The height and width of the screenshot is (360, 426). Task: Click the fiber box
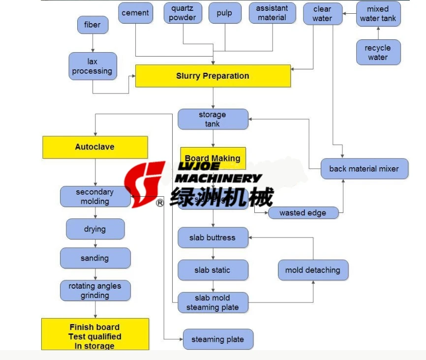click(92, 25)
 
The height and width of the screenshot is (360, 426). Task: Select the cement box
click(135, 13)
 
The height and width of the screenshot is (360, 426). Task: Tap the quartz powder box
click(183, 13)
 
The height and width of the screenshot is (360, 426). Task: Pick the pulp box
click(225, 13)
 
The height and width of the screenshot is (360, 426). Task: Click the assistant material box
click(272, 13)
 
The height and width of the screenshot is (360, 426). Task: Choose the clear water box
click(322, 14)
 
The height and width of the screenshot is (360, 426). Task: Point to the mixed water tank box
click(378, 14)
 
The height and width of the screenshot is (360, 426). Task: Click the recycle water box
click(378, 53)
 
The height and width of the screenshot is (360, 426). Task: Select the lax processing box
click(92, 66)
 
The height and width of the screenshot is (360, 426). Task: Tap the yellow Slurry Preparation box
click(213, 76)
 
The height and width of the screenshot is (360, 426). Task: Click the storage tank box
click(213, 120)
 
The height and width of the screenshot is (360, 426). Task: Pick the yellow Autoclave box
click(95, 147)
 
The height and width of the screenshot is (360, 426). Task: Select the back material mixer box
click(364, 169)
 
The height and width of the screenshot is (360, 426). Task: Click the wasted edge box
click(303, 213)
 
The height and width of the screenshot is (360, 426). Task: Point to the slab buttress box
click(213, 238)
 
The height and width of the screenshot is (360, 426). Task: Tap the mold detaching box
click(313, 270)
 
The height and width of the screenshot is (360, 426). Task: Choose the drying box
click(95, 229)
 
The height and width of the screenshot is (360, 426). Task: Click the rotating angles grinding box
click(95, 291)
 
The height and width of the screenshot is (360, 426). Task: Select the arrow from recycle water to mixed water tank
click(378, 33)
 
